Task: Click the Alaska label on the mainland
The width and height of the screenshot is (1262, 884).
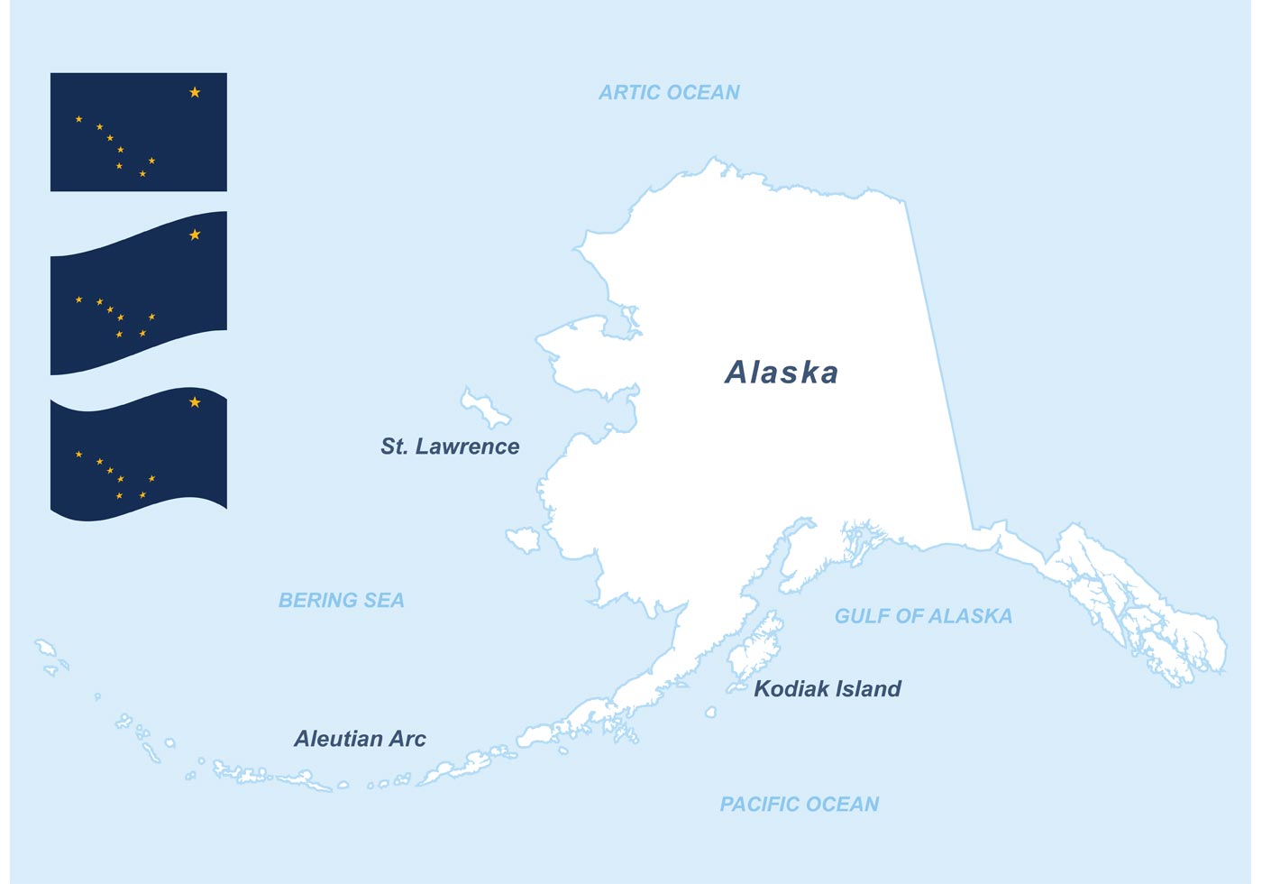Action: tap(782, 373)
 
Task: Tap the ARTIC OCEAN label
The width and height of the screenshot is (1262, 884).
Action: tap(669, 92)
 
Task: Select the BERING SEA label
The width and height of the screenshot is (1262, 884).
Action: tap(341, 600)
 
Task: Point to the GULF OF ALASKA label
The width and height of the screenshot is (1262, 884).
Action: tap(923, 616)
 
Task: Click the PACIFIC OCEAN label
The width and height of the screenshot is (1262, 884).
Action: tap(799, 804)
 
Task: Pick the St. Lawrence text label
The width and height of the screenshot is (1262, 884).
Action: tap(450, 447)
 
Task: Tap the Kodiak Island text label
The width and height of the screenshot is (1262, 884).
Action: tap(827, 689)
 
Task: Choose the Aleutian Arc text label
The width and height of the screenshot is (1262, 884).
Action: tap(360, 739)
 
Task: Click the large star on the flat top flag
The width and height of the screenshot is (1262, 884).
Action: tap(195, 92)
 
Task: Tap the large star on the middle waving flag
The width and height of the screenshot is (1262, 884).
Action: tap(195, 235)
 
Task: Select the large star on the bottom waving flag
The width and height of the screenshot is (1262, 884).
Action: tap(195, 401)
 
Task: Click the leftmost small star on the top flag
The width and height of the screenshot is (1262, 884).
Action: tap(78, 119)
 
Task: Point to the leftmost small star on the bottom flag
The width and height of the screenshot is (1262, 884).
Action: tap(78, 454)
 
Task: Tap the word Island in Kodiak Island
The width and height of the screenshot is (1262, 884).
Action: tap(865, 689)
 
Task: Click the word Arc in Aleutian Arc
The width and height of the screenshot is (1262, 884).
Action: tap(407, 739)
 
